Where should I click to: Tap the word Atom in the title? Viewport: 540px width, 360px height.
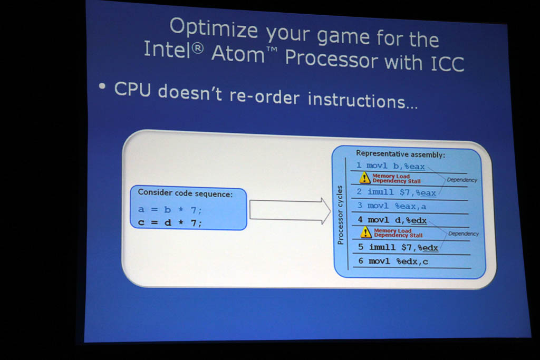238,54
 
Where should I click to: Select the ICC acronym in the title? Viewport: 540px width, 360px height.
447,64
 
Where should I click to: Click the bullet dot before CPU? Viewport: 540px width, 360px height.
102,86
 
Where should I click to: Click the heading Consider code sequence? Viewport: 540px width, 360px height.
185,193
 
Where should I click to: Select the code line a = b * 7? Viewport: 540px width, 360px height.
170,209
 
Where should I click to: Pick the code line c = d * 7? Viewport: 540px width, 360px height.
170,222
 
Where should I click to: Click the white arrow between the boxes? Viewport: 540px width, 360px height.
290,211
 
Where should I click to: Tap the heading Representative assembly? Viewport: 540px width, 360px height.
401,154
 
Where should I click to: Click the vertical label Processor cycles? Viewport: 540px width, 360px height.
340,215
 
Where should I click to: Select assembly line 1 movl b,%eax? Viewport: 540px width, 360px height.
391,166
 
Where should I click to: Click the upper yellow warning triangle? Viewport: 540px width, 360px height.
365,178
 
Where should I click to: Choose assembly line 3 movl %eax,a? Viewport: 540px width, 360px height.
392,206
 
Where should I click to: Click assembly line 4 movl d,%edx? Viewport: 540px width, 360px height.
392,220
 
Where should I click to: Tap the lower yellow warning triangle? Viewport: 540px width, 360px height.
366,232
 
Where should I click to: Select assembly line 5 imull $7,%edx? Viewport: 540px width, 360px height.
398,247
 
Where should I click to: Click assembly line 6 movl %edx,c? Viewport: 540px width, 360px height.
393,261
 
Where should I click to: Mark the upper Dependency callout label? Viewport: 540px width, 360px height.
462,180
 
